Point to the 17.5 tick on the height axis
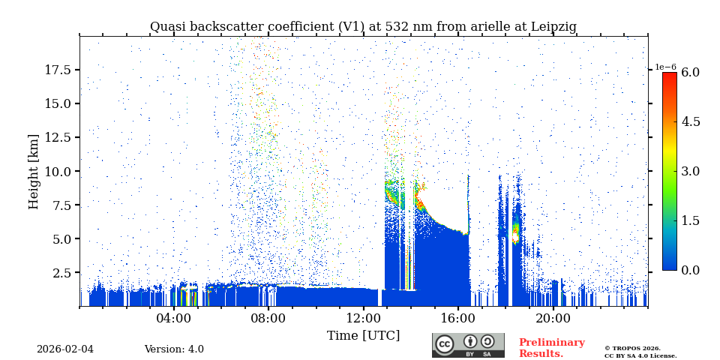tap(58, 70)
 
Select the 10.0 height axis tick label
tap(58, 171)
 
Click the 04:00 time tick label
tap(174, 318)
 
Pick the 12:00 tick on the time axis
tap(363, 318)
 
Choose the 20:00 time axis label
tap(553, 318)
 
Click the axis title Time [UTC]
tap(363, 335)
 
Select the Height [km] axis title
tap(34, 171)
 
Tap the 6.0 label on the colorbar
tap(690, 72)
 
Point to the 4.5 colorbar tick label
tap(690, 121)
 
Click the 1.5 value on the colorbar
tap(690, 220)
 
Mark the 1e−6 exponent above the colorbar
tap(666, 67)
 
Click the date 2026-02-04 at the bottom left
tap(65, 349)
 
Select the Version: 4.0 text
tap(174, 349)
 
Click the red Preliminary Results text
tap(551, 348)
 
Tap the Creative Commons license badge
tap(468, 345)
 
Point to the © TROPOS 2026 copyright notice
tap(632, 348)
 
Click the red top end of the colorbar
tap(669, 76)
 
